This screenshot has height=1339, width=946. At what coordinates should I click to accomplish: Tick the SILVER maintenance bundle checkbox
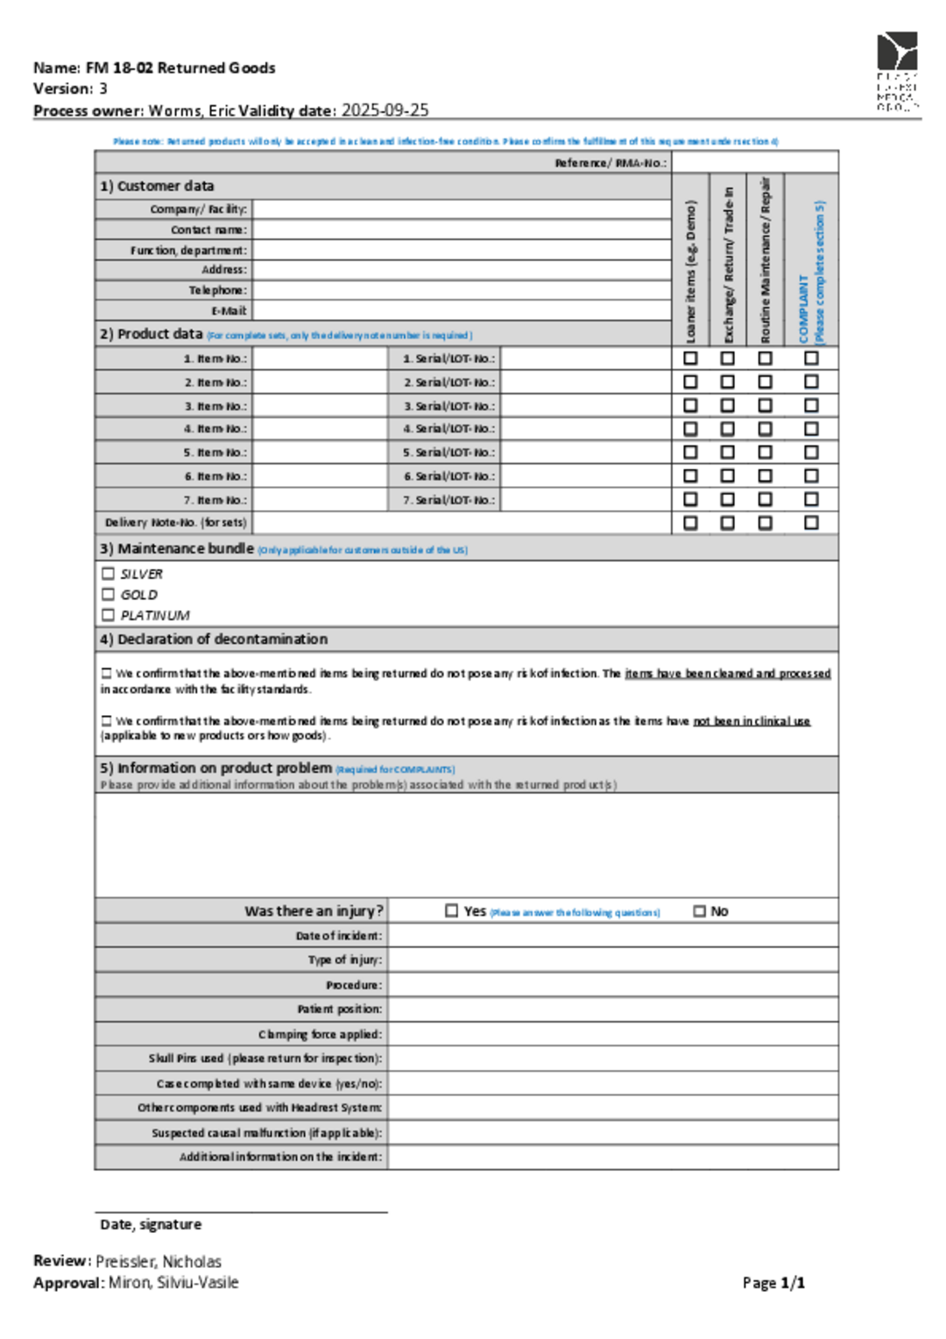[109, 574]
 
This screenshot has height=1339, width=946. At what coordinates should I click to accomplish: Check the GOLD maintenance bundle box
[109, 594]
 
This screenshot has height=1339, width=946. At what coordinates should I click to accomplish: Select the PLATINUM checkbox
[109, 615]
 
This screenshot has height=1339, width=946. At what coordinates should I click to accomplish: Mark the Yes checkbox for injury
[452, 911]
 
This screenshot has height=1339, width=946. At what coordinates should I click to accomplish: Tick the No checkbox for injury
[699, 911]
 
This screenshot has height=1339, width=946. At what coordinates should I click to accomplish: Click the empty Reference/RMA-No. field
[755, 162]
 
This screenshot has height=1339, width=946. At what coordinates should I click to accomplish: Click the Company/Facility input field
[462, 209]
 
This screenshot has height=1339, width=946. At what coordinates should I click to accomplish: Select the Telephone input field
[462, 290]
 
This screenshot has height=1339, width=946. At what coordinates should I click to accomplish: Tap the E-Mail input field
[462, 310]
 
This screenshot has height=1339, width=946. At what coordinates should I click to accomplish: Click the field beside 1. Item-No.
[320, 358]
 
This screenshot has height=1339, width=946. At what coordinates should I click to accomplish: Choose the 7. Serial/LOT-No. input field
[585, 499]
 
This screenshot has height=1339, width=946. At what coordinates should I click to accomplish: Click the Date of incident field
[613, 936]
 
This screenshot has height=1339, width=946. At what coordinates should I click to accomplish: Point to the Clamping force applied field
[613, 1034]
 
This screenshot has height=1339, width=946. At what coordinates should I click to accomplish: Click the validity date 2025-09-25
[385, 110]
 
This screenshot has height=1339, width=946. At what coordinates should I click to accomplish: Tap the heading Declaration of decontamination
[222, 640]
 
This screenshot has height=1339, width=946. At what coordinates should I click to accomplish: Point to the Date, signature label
[151, 1224]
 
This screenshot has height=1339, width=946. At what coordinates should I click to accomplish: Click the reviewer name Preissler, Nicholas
[159, 1262]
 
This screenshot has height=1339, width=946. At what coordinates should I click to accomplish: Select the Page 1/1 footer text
[773, 1283]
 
